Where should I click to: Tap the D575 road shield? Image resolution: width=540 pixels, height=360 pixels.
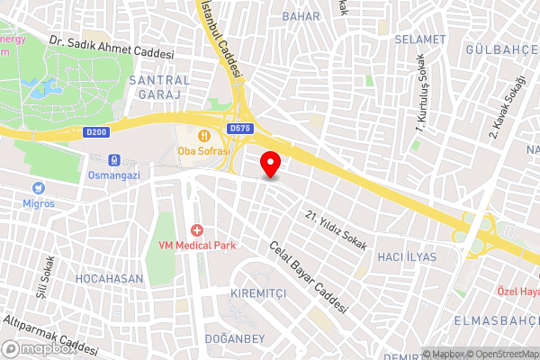pyautogui.click(x=239, y=129)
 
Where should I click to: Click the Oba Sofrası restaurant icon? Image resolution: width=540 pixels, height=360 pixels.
pyautogui.click(x=204, y=135)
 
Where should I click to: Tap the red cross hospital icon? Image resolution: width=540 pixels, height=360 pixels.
pyautogui.click(x=196, y=231)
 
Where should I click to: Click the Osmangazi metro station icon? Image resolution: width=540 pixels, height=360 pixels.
pyautogui.click(x=114, y=159)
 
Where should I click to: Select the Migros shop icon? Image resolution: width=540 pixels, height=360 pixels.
pyautogui.click(x=39, y=188)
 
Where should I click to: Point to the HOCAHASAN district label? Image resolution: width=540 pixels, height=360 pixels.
pyautogui.click(x=109, y=279)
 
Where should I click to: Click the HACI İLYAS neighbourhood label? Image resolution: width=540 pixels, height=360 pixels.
pyautogui.click(x=405, y=256)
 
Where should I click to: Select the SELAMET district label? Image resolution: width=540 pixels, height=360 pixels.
pyautogui.click(x=418, y=40)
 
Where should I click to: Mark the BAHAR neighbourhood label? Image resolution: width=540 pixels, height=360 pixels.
pyautogui.click(x=301, y=16)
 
